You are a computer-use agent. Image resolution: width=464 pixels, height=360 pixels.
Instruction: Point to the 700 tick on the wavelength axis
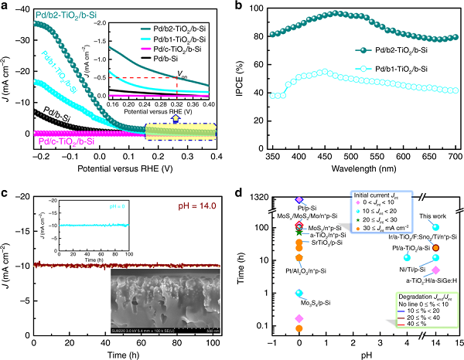click(448, 149)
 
